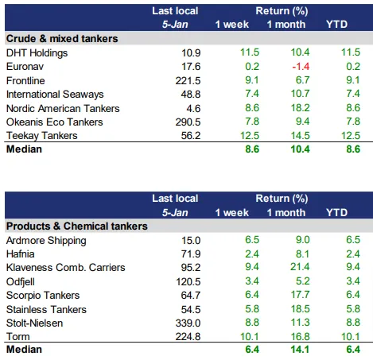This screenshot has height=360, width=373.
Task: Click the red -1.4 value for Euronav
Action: coord(301,67)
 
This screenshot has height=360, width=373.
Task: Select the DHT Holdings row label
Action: coord(37,53)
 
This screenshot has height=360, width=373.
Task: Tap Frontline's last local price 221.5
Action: coord(188,81)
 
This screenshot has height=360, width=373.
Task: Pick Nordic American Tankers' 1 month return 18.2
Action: coord(300,108)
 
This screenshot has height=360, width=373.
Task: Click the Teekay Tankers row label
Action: coord(42,136)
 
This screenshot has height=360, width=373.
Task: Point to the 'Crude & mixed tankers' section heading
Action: coord(62,39)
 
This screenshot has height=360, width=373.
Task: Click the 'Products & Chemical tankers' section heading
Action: coord(77,226)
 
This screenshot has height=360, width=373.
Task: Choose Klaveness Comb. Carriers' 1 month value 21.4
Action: coord(300,267)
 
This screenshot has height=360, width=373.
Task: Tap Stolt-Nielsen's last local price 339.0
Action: coord(188,323)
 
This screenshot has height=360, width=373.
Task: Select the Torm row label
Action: coord(18,337)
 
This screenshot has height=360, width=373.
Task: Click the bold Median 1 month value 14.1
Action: coord(300,350)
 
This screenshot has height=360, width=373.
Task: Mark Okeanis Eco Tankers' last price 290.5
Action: coord(188,122)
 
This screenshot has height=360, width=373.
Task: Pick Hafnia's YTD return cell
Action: coord(353,254)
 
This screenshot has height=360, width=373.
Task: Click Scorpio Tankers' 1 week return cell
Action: coord(252,295)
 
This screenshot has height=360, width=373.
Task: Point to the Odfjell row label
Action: coord(21,282)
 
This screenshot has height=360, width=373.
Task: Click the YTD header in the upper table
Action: coord(336,25)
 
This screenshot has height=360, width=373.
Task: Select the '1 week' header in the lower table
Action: coord(232,213)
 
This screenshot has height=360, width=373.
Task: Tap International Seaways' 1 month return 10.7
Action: coord(300,94)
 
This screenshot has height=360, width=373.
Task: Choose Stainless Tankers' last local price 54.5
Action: coord(191,310)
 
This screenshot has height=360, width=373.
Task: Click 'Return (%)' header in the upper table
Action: coord(282,11)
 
